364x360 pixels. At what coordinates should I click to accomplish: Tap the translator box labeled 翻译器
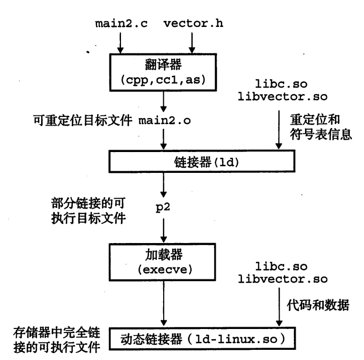point(162,66)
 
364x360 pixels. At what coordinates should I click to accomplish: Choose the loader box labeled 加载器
point(163,254)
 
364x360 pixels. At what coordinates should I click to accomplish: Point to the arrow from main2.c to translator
point(120,41)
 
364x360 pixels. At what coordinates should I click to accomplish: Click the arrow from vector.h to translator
point(191,41)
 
